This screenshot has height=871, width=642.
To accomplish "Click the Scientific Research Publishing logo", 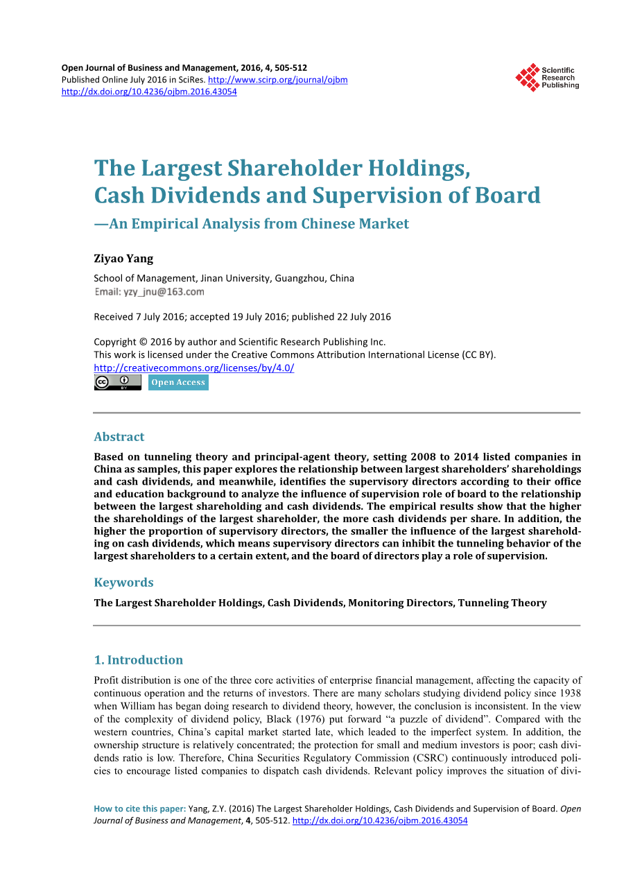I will coord(546,77).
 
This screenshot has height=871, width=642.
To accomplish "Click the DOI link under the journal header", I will coord(149,92).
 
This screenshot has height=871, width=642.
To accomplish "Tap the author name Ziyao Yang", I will coord(123,259).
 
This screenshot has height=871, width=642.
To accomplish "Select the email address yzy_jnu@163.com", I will coord(164,292).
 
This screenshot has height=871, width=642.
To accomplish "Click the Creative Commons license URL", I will coord(193,368).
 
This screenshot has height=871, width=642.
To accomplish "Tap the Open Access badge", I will coord(178,383).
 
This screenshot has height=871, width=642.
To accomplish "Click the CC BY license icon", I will coord(117,383).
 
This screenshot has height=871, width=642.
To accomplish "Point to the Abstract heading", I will coord(119,437).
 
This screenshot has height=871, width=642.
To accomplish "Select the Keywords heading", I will coord(123,583).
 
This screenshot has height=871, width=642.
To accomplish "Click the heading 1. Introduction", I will coord(139,660).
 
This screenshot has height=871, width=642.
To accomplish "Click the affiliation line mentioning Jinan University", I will coord(224,278).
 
